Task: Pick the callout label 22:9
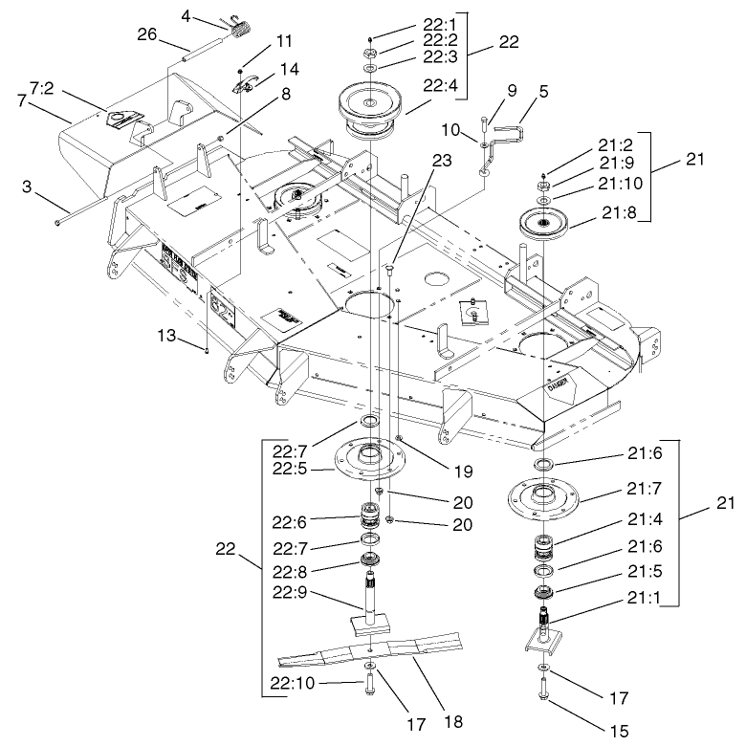(x=291, y=591)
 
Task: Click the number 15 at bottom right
(x=620, y=731)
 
